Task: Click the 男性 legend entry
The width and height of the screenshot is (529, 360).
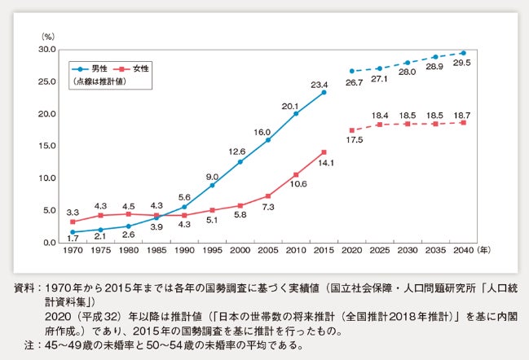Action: pos(99,69)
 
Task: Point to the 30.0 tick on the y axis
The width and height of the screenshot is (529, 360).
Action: pos(45,50)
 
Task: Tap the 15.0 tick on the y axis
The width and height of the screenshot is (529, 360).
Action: pos(45,147)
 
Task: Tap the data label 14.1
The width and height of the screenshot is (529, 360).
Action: pos(324,163)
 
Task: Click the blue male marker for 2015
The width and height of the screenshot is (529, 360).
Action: pos(324,92)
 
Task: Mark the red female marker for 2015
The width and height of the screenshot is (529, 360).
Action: pos(324,152)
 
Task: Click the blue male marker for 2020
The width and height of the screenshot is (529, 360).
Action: pos(351,71)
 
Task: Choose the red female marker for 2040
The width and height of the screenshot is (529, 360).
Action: pos(462,122)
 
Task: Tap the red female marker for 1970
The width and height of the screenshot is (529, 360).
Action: pos(74,222)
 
